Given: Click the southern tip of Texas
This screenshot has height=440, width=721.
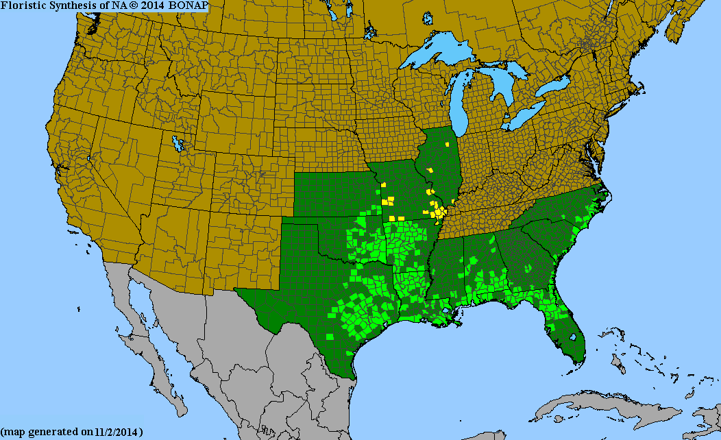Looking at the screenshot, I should pyautogui.click(x=352, y=376).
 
